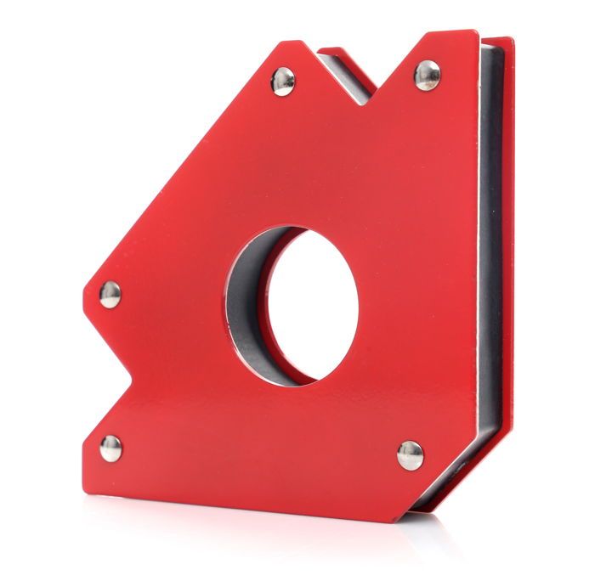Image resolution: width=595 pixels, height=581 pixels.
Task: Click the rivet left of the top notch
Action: [x=283, y=81]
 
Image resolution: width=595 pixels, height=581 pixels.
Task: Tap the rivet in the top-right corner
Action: [x=427, y=75]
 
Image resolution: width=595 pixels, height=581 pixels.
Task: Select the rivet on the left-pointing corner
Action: [x=110, y=295]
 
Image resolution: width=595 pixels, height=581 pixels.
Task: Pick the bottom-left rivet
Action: [x=110, y=448]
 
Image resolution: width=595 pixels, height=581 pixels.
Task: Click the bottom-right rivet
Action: [x=410, y=454]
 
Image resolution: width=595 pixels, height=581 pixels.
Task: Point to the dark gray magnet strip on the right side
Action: [x=490, y=255]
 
